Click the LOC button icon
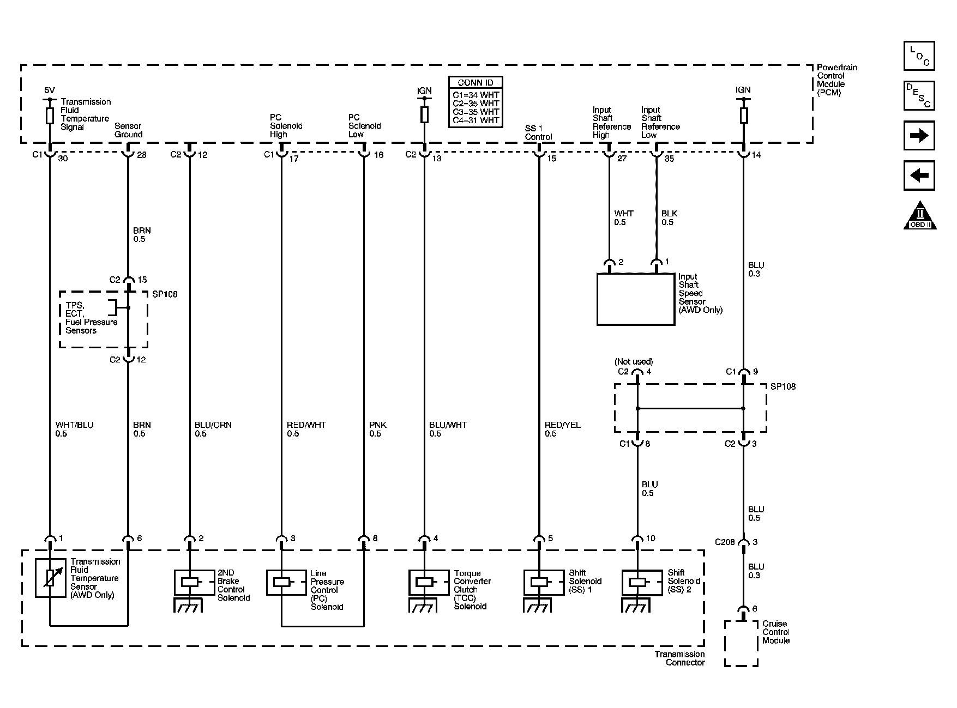(x=919, y=56)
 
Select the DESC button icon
(x=919, y=96)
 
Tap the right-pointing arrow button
(x=919, y=136)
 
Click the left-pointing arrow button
(x=919, y=176)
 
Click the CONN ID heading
(x=476, y=83)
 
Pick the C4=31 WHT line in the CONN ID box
(x=476, y=120)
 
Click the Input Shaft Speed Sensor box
(x=636, y=299)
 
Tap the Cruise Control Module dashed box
(x=741, y=643)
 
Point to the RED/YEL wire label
(x=562, y=425)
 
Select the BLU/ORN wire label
(x=213, y=425)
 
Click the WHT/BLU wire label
(x=74, y=425)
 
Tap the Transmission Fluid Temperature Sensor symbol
(x=50, y=578)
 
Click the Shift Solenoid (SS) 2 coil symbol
(x=637, y=582)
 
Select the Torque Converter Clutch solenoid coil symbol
(x=424, y=582)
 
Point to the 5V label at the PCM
(x=49, y=90)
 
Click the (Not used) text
(x=634, y=361)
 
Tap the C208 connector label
(x=725, y=542)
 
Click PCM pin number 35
(x=669, y=159)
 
